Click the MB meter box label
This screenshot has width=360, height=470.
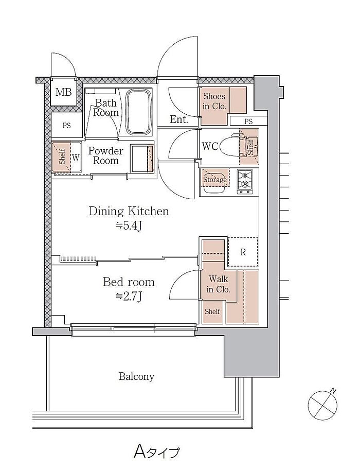63,92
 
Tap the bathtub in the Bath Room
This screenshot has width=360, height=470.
139,112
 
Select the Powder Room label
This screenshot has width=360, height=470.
106,155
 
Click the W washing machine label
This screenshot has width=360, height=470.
76,158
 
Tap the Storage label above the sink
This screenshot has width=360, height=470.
215,180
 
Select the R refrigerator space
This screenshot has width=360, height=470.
243,252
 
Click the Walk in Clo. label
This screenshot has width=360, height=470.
219,284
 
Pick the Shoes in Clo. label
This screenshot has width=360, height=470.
214,101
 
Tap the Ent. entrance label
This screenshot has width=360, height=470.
179,119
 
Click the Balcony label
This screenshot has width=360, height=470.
137,376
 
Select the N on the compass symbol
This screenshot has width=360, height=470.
333,391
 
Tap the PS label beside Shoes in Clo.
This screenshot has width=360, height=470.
248,121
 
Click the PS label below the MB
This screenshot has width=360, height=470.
66,125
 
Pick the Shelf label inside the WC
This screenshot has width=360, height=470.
250,146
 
